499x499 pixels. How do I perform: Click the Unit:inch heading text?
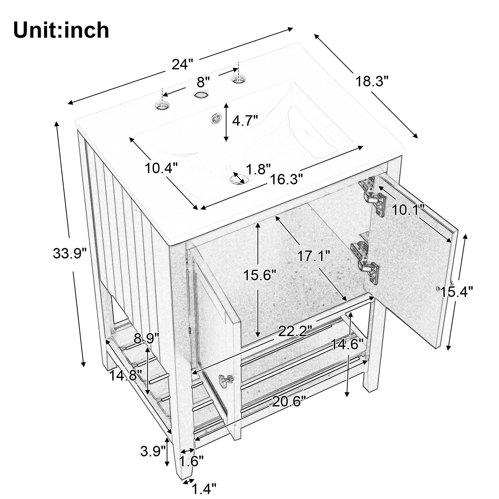[61, 30]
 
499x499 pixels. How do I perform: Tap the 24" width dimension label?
[183, 64]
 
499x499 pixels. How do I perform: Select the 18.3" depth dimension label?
[372, 81]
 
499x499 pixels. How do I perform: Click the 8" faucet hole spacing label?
[203, 82]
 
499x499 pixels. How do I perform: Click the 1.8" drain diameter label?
[258, 169]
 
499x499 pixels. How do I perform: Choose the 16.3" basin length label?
[286, 179]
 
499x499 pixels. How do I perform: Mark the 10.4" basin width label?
[161, 168]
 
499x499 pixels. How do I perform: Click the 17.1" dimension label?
[313, 256]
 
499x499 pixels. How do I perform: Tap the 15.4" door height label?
[456, 292]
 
